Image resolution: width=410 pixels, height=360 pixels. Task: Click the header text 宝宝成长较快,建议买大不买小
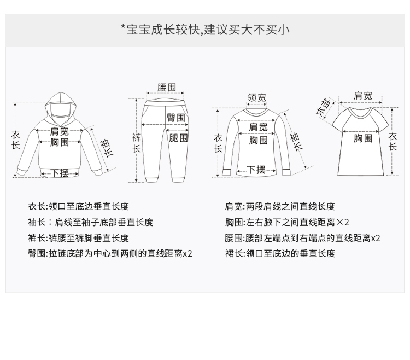tap(205, 30)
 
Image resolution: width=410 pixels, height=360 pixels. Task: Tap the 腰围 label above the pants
tap(167, 88)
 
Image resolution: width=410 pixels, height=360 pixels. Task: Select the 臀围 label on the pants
tap(176, 118)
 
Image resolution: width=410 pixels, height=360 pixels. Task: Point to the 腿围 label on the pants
tap(178, 138)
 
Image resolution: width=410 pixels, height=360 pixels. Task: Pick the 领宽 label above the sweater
tap(257, 98)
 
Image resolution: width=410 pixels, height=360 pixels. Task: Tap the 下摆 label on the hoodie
tap(60, 173)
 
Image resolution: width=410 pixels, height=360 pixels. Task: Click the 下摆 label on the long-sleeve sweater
tap(256, 170)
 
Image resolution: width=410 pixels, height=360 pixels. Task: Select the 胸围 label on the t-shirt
tap(363, 138)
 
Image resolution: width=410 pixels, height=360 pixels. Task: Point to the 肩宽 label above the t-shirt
tap(363, 96)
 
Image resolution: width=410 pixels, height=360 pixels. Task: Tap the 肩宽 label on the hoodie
tap(60, 131)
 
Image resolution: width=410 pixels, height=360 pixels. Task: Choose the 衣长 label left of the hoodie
tap(16, 140)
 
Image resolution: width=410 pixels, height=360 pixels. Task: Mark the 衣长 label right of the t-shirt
tap(393, 142)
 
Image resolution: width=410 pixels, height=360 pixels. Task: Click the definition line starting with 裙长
tap(280, 253)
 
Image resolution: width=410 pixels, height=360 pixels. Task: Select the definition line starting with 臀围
tap(110, 253)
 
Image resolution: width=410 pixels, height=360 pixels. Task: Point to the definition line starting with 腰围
tap(302, 238)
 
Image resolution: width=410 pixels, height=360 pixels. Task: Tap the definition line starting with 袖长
tap(91, 222)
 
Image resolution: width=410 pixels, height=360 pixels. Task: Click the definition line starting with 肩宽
tap(280, 206)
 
